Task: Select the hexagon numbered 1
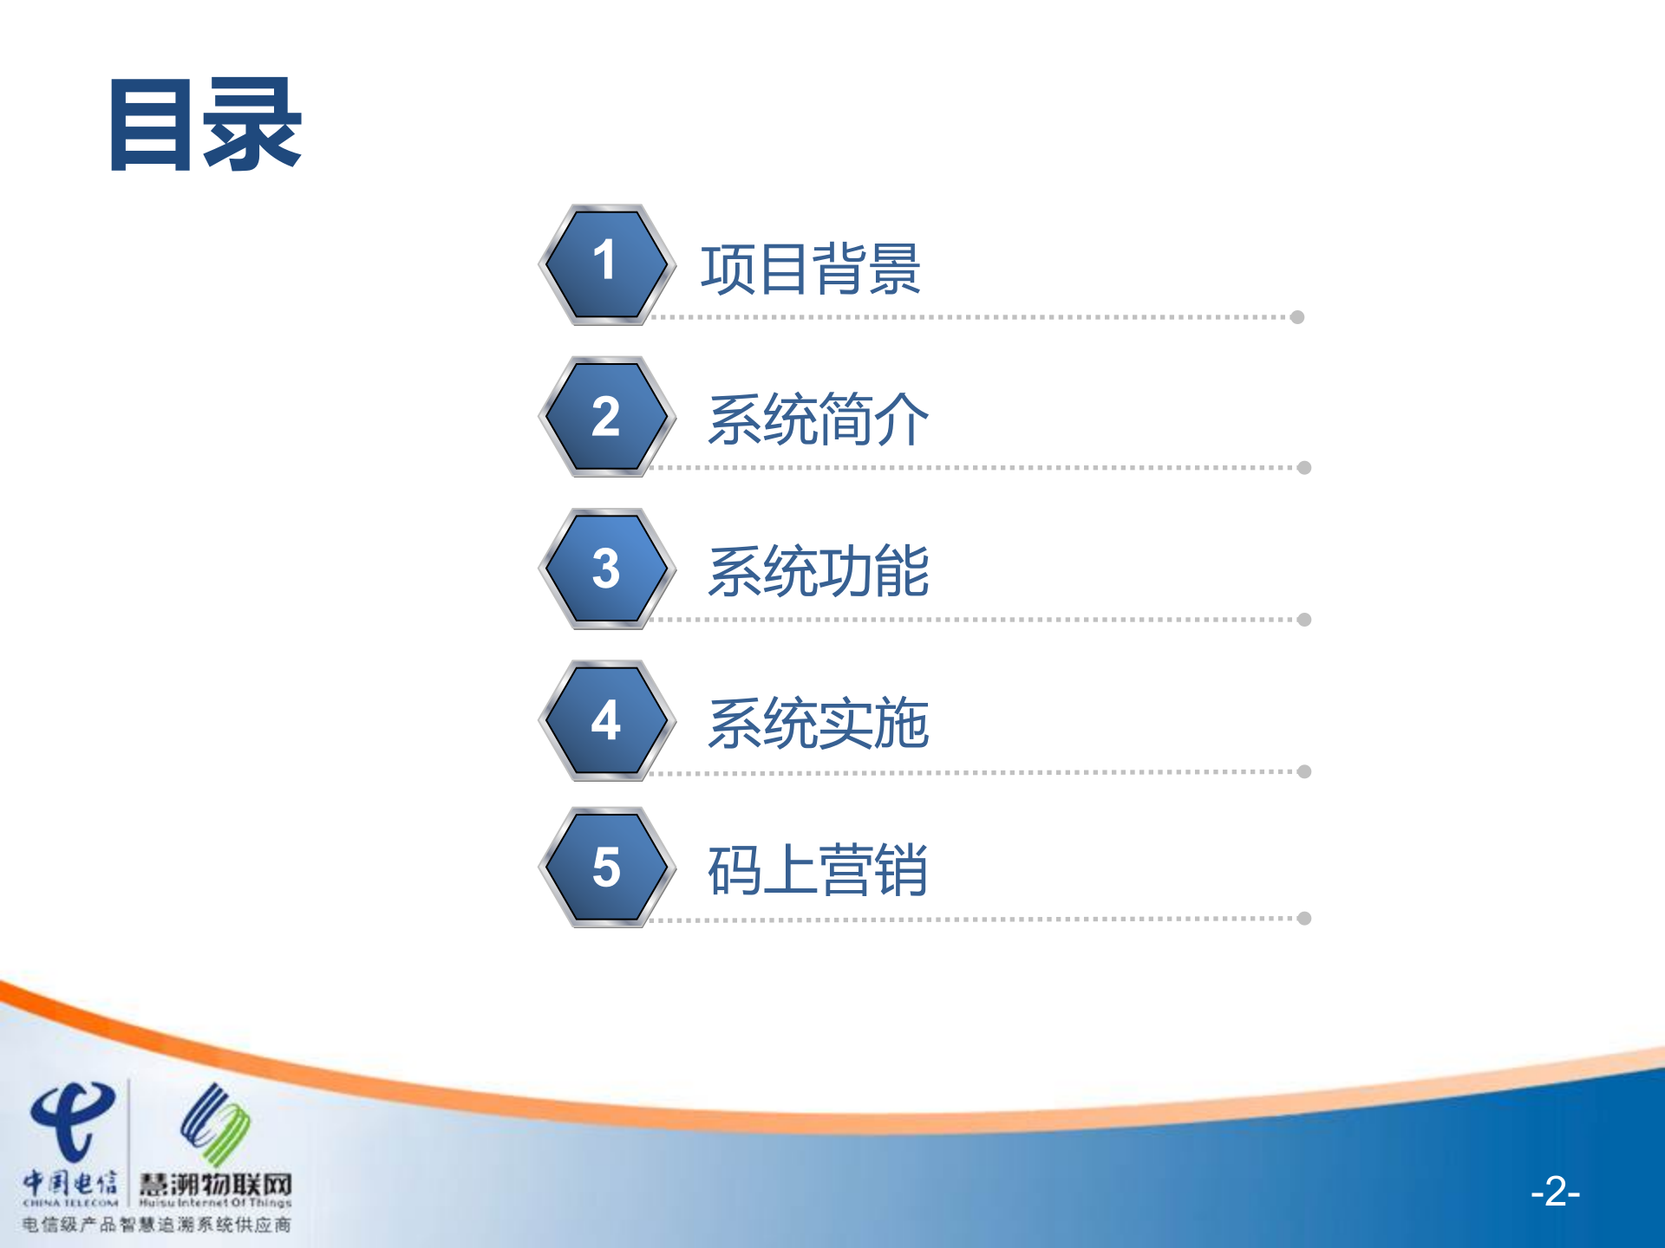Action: pos(606,264)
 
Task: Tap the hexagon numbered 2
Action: pos(606,416)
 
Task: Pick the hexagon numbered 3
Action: pos(606,569)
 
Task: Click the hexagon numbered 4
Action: pos(606,720)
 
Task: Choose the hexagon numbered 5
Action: pos(606,867)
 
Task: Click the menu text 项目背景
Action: pos(810,269)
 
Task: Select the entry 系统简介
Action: pos(818,419)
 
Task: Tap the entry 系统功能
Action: pos(818,571)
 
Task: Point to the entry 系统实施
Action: pos(818,723)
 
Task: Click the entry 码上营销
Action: pos(818,869)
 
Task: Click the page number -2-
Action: pos(1555,1192)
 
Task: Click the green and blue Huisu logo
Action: pos(215,1122)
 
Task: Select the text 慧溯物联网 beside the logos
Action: pos(215,1184)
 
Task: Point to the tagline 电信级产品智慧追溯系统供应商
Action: pos(156,1225)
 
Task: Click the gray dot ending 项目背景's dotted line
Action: pos(1297,317)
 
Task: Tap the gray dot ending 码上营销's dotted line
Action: pos(1304,919)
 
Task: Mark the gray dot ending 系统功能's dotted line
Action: pos(1304,620)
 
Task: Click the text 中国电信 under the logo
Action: pos(69,1182)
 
